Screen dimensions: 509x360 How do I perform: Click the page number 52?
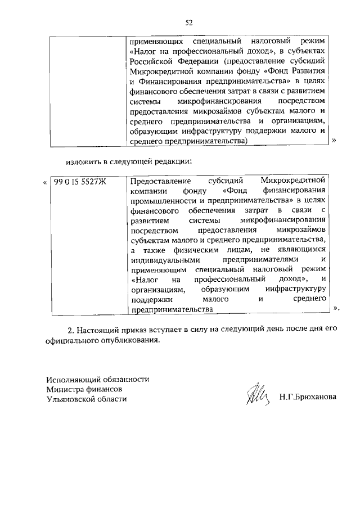click(x=189, y=22)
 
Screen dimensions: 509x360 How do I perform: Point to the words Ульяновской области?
click(x=87, y=399)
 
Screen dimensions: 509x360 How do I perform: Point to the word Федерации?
click(x=194, y=61)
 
